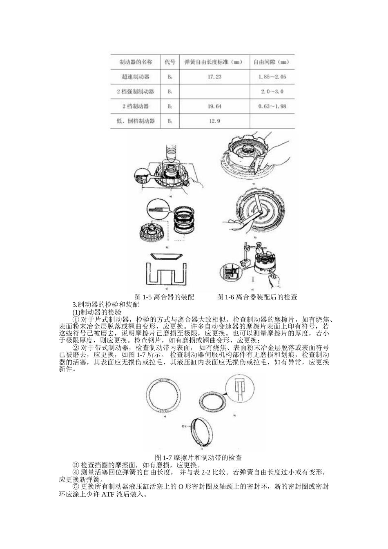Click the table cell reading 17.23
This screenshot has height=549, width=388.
coord(214,77)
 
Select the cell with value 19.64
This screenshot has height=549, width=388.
coord(214,106)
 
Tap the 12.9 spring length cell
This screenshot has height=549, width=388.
coord(214,121)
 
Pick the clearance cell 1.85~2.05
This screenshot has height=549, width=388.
coord(272,77)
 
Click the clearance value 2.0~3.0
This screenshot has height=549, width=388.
coord(272,91)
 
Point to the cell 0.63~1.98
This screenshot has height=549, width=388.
coord(272,106)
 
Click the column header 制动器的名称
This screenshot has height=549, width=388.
coord(136,62)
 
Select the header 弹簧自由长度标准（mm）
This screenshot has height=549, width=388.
coord(214,62)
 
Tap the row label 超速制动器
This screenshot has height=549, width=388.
coord(136,77)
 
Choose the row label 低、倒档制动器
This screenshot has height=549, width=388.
coord(136,121)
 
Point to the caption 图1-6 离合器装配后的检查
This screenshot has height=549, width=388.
coord(257,297)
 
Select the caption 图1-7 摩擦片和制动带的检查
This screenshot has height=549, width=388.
coord(198,457)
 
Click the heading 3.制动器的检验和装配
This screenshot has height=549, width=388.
coord(106,305)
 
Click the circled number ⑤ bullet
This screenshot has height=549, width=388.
coord(76,487)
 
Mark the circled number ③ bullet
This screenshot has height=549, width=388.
coord(76,465)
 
